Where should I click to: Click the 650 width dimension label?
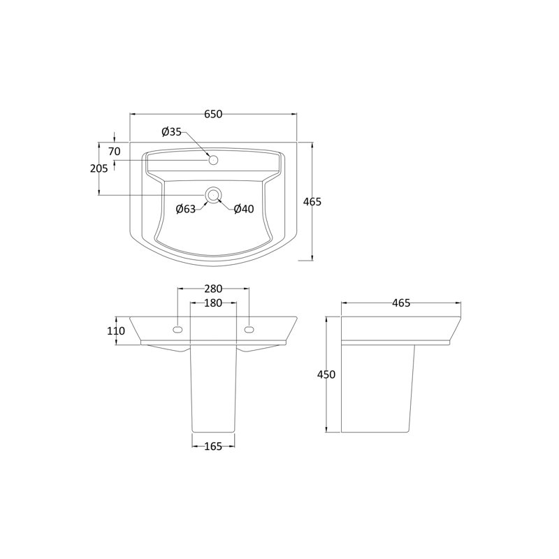pyautogui.click(x=213, y=114)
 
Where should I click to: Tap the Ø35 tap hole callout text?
pyautogui.click(x=171, y=132)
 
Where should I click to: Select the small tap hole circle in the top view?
pyautogui.click(x=213, y=160)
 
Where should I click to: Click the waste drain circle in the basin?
pyautogui.click(x=213, y=195)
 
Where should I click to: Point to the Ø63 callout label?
pyautogui.click(x=186, y=209)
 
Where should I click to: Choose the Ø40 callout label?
pyautogui.click(x=244, y=209)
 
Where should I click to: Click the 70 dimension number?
pyautogui.click(x=115, y=152)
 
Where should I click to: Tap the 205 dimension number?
pyautogui.click(x=99, y=168)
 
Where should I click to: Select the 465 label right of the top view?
pyautogui.click(x=312, y=202)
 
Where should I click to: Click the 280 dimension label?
pyautogui.click(x=213, y=288)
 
